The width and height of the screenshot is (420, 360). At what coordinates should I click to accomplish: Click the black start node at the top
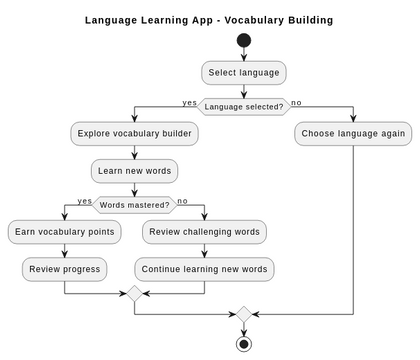click(243, 41)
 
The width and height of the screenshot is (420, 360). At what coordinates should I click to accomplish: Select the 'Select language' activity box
click(243, 73)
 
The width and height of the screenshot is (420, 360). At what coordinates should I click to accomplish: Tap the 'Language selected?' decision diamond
click(243, 105)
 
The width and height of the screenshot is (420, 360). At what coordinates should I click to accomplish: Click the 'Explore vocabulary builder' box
click(134, 133)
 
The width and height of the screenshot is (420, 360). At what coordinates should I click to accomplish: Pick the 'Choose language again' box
click(353, 133)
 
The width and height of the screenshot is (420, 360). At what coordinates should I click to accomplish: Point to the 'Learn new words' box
click(134, 170)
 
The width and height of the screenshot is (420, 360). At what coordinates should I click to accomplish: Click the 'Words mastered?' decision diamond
click(134, 205)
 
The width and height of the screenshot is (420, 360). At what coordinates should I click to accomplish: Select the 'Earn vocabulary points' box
click(65, 232)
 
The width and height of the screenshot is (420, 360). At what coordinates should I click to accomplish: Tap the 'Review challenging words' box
click(204, 232)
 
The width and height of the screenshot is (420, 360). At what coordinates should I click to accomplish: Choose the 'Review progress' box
click(65, 268)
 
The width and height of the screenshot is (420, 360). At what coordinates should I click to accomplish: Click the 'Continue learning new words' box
click(204, 268)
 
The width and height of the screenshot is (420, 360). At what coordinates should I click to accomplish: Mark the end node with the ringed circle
click(243, 343)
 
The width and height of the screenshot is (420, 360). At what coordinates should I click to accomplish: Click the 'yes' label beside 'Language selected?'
click(189, 102)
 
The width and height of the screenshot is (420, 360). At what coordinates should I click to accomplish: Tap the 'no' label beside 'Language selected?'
click(296, 102)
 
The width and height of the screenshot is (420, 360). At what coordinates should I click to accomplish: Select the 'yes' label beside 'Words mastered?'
click(84, 201)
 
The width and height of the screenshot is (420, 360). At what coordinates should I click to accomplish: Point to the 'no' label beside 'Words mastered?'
click(182, 201)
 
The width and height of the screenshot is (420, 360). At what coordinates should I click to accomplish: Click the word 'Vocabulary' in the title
click(253, 19)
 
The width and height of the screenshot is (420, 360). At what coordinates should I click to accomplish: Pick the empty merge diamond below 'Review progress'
click(134, 294)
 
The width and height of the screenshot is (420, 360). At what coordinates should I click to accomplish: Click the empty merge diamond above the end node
click(243, 314)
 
